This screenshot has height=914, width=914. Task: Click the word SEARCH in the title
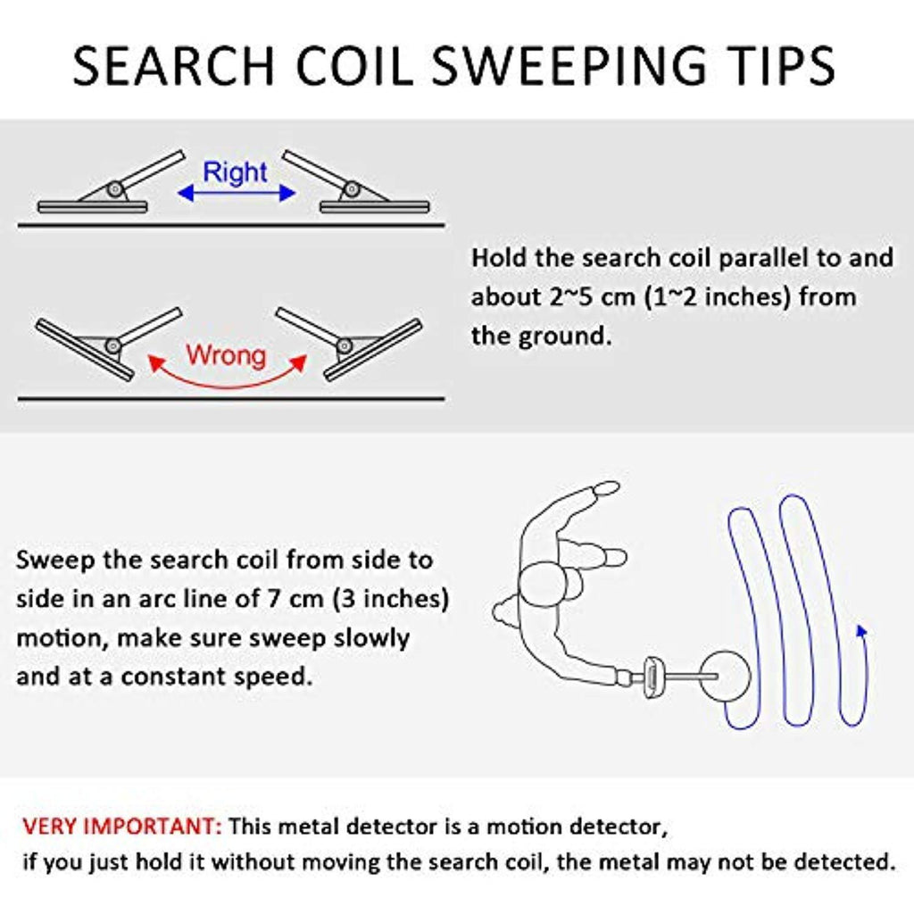(x=173, y=65)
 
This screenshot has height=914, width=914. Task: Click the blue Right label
(x=236, y=172)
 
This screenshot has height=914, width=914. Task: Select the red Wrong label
(x=226, y=355)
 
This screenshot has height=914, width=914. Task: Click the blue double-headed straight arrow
(x=236, y=193)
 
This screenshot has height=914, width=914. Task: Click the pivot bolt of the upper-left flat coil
(x=115, y=189)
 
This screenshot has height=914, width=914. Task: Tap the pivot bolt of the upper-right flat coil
(x=352, y=189)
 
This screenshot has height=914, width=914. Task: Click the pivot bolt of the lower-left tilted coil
(x=112, y=345)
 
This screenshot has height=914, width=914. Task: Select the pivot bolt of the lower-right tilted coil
(x=345, y=346)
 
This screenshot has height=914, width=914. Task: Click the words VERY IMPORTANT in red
(x=121, y=827)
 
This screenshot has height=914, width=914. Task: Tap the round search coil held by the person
(x=725, y=675)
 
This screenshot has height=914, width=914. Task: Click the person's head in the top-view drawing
(x=544, y=586)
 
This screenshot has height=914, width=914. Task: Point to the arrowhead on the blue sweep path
(x=861, y=631)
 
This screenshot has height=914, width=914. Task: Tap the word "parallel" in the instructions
(x=762, y=258)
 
